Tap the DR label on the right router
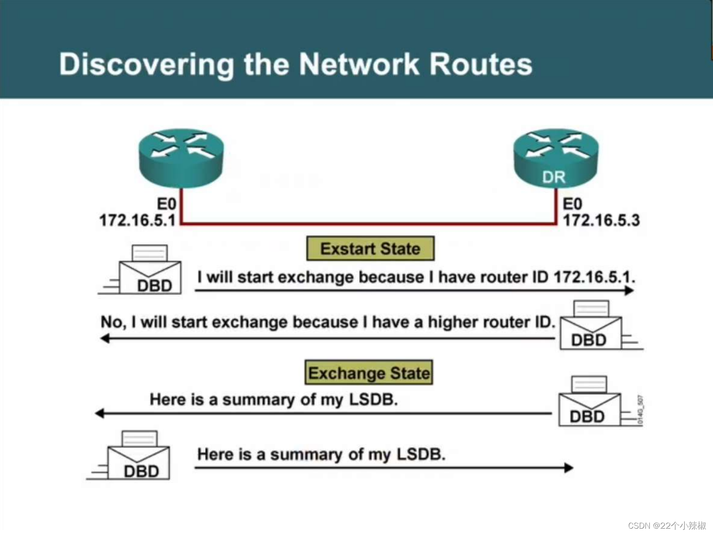[553, 177]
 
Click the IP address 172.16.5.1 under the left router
[137, 220]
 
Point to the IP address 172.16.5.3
[601, 220]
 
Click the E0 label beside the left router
[167, 204]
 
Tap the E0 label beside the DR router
[572, 204]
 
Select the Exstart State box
[370, 248]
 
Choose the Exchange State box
[369, 373]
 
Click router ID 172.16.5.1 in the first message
[594, 277]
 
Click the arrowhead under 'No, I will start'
[105, 339]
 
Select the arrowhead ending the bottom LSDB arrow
[569, 467]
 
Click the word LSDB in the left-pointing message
[373, 399]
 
